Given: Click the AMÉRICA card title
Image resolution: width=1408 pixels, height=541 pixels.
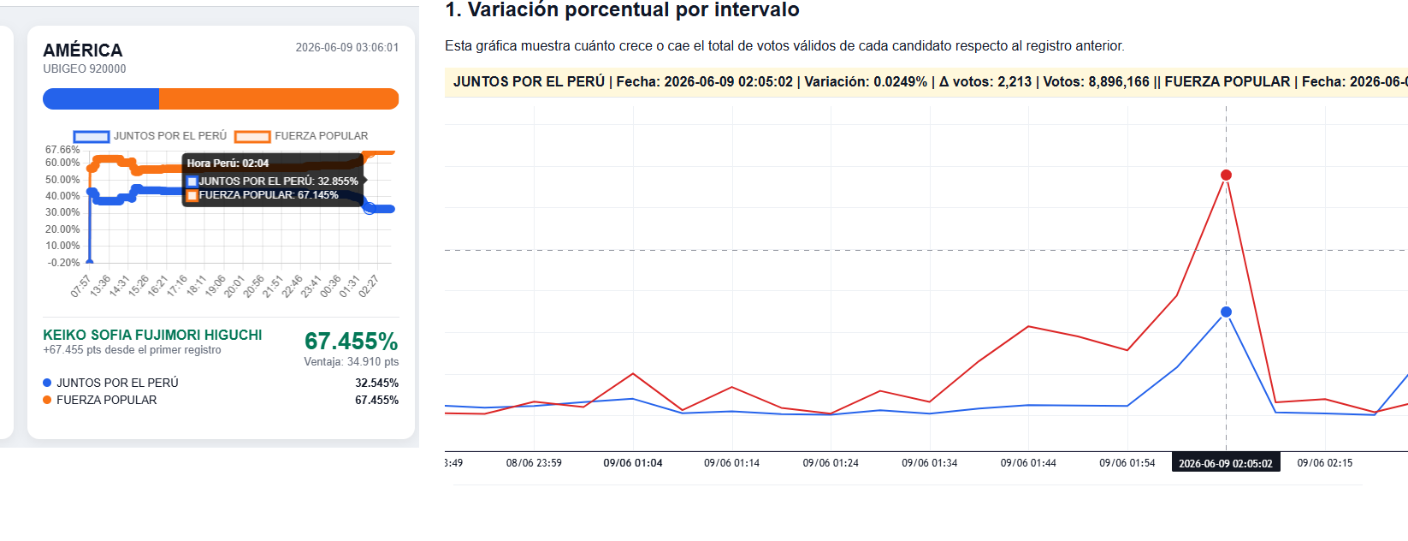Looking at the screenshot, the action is point(82,50).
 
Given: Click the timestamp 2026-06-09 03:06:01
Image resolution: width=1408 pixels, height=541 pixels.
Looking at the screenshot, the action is point(347,47).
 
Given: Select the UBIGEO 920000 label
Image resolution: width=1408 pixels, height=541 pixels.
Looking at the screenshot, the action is point(84,68).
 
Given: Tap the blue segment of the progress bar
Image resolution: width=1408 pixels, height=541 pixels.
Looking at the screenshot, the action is point(101,98).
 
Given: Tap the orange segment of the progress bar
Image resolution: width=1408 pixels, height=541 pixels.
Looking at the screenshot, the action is point(279,98).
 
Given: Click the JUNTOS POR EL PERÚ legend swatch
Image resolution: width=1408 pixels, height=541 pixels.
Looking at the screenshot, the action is point(92,136).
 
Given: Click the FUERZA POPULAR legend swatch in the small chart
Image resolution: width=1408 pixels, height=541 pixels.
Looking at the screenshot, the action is point(252,136).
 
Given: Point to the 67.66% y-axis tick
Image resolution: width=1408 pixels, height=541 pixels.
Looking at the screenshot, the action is point(62,150).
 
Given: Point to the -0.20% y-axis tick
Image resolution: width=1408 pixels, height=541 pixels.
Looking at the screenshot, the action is point(63,263).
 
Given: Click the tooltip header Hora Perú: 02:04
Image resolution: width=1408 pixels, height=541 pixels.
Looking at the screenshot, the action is point(228,163).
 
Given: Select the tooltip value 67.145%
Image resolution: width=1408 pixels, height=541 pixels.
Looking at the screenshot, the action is point(318,195).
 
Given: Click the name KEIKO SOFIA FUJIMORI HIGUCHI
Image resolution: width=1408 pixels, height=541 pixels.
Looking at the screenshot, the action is point(152,336).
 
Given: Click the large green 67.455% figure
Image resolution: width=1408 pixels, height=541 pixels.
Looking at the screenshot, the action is point(352,341).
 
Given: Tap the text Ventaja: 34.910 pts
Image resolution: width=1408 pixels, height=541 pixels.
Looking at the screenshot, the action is point(352,362).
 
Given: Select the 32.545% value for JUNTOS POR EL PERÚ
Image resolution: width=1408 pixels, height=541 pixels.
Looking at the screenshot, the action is point(376,383).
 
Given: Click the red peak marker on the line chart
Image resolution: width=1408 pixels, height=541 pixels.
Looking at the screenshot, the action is point(1226,175).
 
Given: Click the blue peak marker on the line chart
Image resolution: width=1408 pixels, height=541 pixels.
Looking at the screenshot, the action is point(1226,312).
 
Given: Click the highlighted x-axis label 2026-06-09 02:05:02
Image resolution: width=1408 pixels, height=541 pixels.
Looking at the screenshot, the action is point(1226,464).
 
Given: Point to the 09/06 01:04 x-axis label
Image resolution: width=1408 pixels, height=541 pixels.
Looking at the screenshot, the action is point(633,463).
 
